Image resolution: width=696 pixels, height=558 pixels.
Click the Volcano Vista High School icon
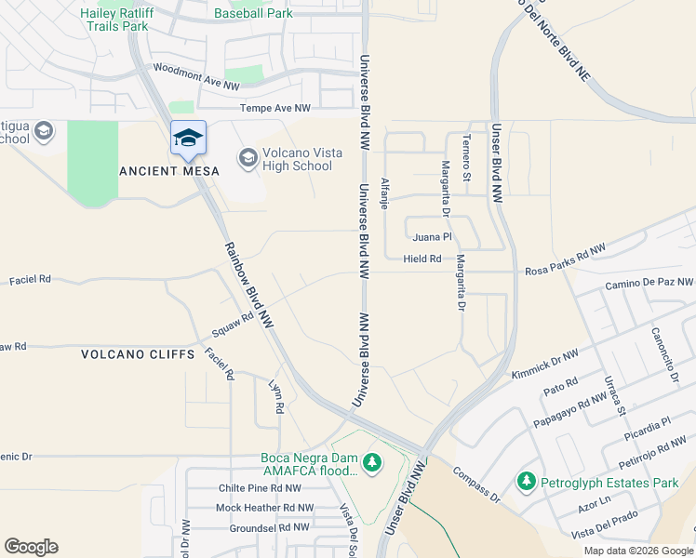[x=248, y=158]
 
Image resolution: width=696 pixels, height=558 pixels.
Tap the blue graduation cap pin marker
[x=188, y=139]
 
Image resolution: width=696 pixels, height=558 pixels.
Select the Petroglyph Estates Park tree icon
[x=527, y=482]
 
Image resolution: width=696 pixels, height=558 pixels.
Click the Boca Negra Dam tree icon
[x=372, y=462]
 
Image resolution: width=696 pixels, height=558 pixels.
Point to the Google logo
[x=31, y=547]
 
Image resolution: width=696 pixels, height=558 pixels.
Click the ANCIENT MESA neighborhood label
[x=169, y=171]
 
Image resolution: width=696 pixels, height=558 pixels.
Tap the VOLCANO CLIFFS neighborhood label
[x=138, y=354]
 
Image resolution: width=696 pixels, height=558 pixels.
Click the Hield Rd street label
[x=422, y=259]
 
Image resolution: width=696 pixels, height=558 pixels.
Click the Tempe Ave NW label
[x=275, y=108]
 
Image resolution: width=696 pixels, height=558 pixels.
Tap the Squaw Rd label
[x=232, y=325]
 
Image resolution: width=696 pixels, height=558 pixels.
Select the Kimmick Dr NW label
[x=544, y=362]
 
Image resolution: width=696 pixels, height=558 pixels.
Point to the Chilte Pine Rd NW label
[x=260, y=487]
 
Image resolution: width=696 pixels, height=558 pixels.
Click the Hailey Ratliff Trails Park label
[x=114, y=20]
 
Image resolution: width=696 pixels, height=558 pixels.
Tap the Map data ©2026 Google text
[x=637, y=551]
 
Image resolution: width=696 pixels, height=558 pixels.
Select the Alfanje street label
[x=384, y=193]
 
